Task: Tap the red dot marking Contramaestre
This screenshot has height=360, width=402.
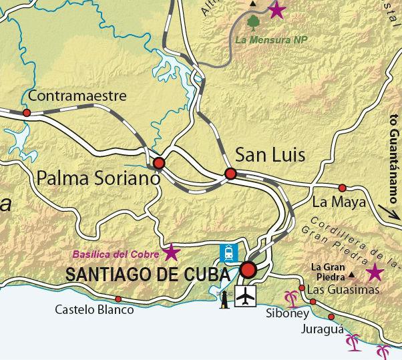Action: (27, 113)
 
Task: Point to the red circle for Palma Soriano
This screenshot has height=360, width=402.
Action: (159, 163)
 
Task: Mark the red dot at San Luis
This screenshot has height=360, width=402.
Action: (230, 174)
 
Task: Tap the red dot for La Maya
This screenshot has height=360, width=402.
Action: (343, 188)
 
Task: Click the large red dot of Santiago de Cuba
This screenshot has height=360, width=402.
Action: (248, 270)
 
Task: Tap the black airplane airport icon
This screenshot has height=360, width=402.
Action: (246, 295)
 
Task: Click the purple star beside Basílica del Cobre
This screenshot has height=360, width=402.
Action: (172, 252)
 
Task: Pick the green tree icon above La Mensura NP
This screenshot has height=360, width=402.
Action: (253, 22)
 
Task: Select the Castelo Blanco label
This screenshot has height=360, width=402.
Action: (94, 310)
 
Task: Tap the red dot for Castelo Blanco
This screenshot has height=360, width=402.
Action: (118, 299)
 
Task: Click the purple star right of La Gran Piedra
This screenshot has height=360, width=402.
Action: (375, 272)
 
